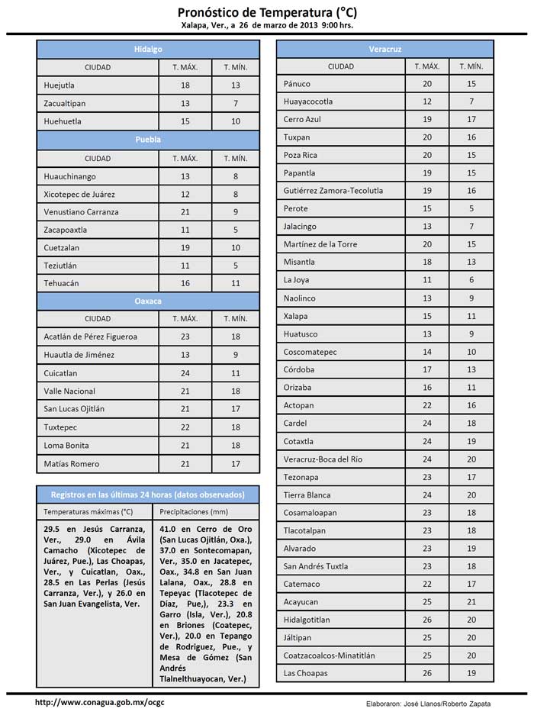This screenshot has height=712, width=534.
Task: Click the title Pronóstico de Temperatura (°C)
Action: click(x=267, y=12)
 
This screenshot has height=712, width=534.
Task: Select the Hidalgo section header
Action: click(x=148, y=49)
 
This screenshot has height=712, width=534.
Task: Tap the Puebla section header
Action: click(x=148, y=140)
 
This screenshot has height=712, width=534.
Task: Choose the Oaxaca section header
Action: click(x=148, y=301)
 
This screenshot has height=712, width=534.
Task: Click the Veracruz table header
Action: click(x=385, y=49)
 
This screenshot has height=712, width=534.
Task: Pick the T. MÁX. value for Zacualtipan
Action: click(x=185, y=103)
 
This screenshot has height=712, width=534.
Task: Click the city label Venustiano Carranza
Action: click(x=81, y=211)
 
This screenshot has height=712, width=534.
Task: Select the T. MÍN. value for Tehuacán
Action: click(x=236, y=283)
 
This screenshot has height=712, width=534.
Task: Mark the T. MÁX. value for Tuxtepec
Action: click(x=185, y=427)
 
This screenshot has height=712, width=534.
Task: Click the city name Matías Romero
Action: click(x=72, y=463)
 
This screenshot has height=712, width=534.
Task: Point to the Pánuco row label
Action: click(x=297, y=83)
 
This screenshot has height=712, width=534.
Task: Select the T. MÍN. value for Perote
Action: click(x=471, y=208)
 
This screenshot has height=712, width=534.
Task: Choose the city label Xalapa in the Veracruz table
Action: click(x=295, y=315)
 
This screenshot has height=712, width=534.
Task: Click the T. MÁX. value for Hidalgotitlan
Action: click(x=427, y=620)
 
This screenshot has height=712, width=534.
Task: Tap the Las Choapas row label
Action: click(x=305, y=673)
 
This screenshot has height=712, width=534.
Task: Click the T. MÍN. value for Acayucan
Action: click(x=471, y=601)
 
